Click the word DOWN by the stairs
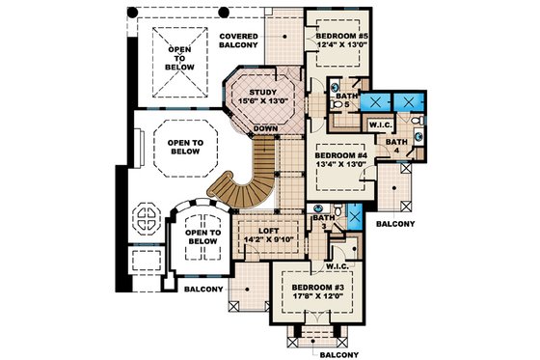click(x=264, y=127)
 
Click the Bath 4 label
click(x=397, y=147)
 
